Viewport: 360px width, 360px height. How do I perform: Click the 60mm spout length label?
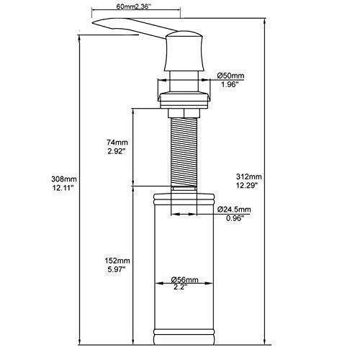pos(125,6)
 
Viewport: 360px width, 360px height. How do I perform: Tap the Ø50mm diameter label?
pos(230,76)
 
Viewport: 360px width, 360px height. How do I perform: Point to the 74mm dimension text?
pos(117,143)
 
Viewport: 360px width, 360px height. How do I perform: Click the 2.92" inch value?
pos(117,151)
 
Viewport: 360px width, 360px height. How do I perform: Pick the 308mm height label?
pos(64,179)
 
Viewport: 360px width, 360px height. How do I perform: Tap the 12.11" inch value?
pos(63,188)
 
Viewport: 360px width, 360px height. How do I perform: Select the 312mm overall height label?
pos(249,176)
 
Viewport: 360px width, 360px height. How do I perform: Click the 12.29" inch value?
pos(247,186)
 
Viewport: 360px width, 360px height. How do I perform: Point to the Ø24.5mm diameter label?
pos(234,210)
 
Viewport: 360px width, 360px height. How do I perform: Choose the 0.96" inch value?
pos(235,218)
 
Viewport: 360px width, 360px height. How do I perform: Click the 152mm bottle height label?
pos(117,261)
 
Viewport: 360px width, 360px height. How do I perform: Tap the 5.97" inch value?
pos(117,269)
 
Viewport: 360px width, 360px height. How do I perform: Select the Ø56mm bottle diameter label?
pos(184,280)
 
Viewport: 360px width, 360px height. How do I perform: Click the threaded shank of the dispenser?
pos(184,152)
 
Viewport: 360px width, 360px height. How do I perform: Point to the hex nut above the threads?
pos(184,113)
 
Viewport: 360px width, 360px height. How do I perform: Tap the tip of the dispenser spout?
pos(93,22)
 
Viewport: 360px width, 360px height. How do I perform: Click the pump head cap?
pos(184,51)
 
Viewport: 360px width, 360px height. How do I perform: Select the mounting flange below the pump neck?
pos(184,99)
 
